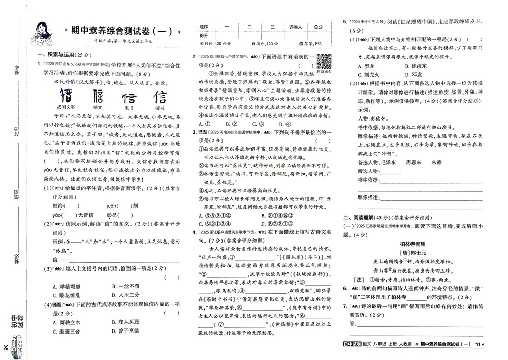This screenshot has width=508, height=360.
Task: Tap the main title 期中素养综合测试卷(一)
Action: pyautogui.click(x=122, y=31)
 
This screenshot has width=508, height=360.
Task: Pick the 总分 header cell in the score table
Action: pyautogui.click(x=319, y=27)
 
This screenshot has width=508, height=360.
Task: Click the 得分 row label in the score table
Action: pyautogui.click(x=204, y=35)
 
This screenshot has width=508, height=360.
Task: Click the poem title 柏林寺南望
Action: pyautogui.click(x=415, y=243)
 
